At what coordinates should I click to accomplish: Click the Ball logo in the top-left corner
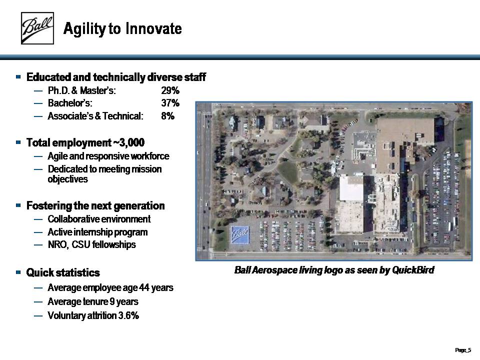[37, 28]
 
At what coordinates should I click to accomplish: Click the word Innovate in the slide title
[153, 28]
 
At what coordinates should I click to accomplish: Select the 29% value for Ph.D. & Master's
[170, 90]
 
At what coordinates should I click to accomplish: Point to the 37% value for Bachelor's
[170, 103]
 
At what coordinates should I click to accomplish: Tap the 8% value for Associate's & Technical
[168, 116]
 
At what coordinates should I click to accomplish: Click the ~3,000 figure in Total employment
[129, 142]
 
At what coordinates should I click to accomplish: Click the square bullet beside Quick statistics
[18, 272]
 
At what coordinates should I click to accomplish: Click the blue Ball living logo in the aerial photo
[239, 235]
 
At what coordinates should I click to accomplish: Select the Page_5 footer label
[463, 350]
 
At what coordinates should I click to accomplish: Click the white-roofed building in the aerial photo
[351, 188]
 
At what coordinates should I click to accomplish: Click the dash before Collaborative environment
[38, 219]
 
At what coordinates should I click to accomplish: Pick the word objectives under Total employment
[67, 179]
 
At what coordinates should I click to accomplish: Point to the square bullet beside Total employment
[18, 142]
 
